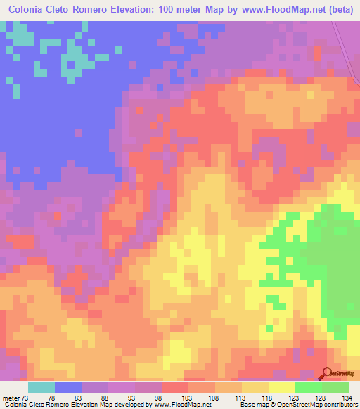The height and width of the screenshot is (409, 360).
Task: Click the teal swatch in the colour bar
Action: click(x=41, y=387)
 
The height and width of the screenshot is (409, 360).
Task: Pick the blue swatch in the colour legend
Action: click(x=68, y=387)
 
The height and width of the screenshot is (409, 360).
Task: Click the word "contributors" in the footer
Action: click(x=338, y=404)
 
